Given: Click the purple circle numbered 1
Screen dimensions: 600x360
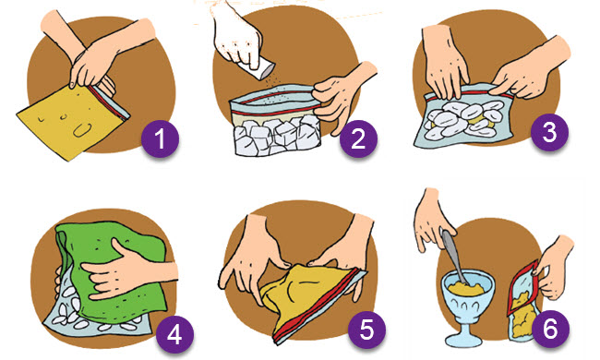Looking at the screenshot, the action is tap(160, 138).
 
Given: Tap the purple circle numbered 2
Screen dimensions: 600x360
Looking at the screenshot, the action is tap(358, 138).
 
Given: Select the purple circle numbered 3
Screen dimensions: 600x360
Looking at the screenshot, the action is tap(549, 132).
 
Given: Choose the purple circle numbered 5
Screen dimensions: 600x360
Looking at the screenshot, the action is tap(366, 330).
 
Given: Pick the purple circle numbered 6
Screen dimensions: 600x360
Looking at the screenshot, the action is tap(551, 329).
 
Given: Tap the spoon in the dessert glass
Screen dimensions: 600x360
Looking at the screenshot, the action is tap(454, 257).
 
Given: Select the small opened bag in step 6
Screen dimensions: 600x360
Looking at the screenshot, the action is tap(522, 302).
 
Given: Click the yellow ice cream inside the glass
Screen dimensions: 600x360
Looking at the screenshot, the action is tap(467, 289).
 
